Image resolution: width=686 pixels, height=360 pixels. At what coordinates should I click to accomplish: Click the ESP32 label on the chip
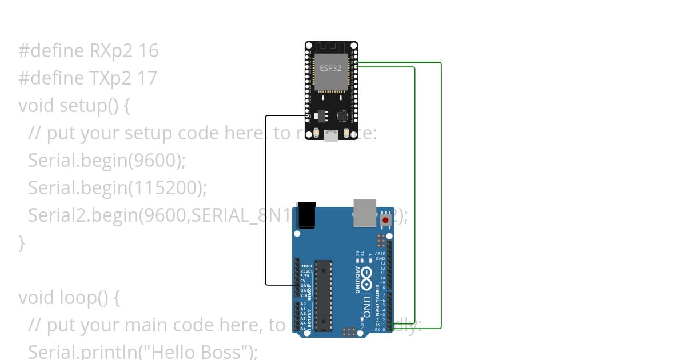click(331, 67)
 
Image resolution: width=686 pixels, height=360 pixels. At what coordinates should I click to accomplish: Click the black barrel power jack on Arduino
click(305, 215)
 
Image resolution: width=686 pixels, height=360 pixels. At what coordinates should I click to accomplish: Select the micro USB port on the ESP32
click(331, 136)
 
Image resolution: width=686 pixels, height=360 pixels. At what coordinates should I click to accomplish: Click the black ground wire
click(266, 200)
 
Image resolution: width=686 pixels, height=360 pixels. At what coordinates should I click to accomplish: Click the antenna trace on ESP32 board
click(330, 47)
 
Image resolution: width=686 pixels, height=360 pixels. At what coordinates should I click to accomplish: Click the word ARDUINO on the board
click(357, 278)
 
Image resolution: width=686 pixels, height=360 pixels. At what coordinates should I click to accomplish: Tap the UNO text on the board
click(366, 306)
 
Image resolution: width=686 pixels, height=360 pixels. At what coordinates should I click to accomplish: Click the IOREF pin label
click(306, 266)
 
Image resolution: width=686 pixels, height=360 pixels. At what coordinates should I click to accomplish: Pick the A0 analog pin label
click(303, 304)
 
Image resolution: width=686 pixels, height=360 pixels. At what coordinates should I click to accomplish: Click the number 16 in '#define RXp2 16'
click(148, 51)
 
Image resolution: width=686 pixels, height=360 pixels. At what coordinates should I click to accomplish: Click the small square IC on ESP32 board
click(342, 115)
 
